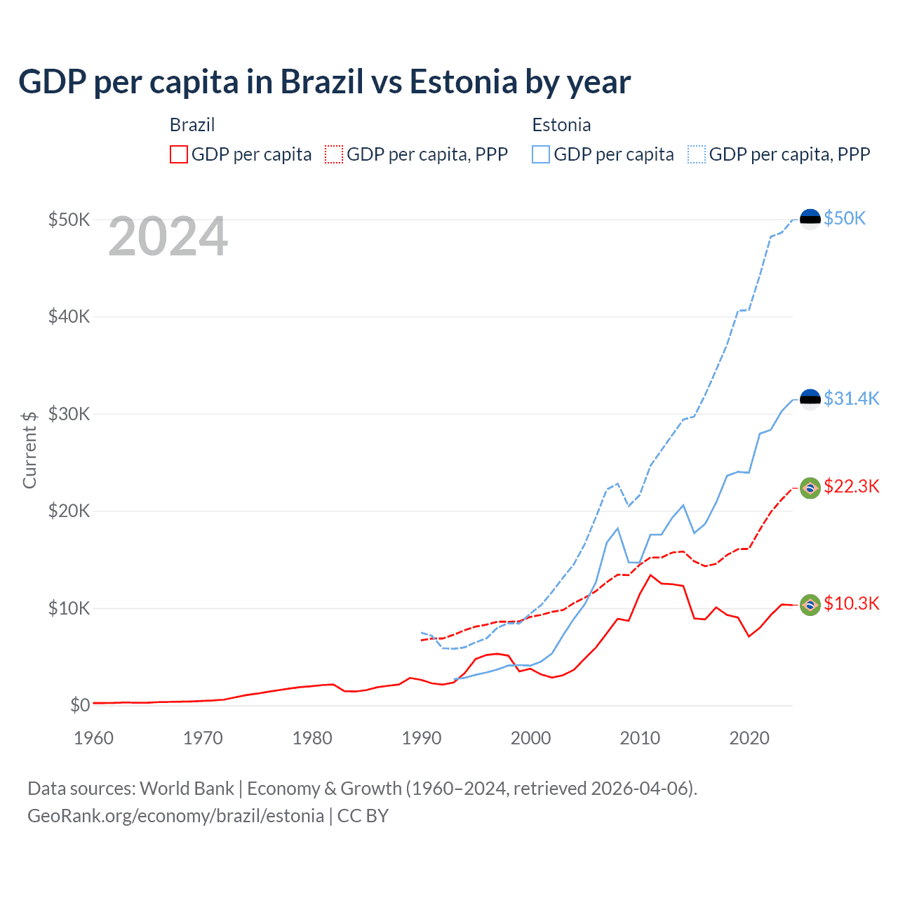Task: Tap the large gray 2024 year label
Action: [x=168, y=237]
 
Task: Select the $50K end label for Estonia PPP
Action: [x=845, y=218]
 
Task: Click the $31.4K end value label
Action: [x=851, y=398]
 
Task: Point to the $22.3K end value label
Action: [x=851, y=486]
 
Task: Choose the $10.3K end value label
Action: [x=851, y=603]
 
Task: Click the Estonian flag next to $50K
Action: [x=810, y=219]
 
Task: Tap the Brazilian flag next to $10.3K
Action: [x=810, y=605]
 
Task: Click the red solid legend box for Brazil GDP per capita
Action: [x=179, y=154]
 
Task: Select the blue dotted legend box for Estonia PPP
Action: [x=697, y=154]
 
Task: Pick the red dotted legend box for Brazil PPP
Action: [x=334, y=154]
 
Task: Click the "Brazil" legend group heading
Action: [x=192, y=125]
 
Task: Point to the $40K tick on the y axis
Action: [x=69, y=316]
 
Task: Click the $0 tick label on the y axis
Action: [x=80, y=705]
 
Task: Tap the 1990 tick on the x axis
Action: [x=422, y=738]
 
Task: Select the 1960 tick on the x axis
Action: [x=93, y=738]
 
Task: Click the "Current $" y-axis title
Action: [x=29, y=450]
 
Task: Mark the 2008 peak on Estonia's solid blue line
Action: [x=617, y=528]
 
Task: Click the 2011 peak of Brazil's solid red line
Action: [x=650, y=575]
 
